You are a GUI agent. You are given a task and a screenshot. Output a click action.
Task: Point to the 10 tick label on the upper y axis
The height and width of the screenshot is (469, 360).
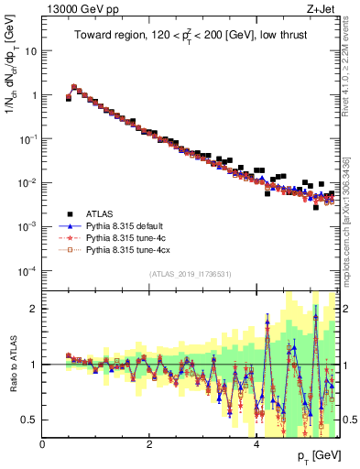[31, 51]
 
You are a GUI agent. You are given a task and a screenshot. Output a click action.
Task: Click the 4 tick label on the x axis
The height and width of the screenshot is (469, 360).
[256, 444]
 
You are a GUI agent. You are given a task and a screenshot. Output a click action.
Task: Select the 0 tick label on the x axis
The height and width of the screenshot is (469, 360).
[43, 444]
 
